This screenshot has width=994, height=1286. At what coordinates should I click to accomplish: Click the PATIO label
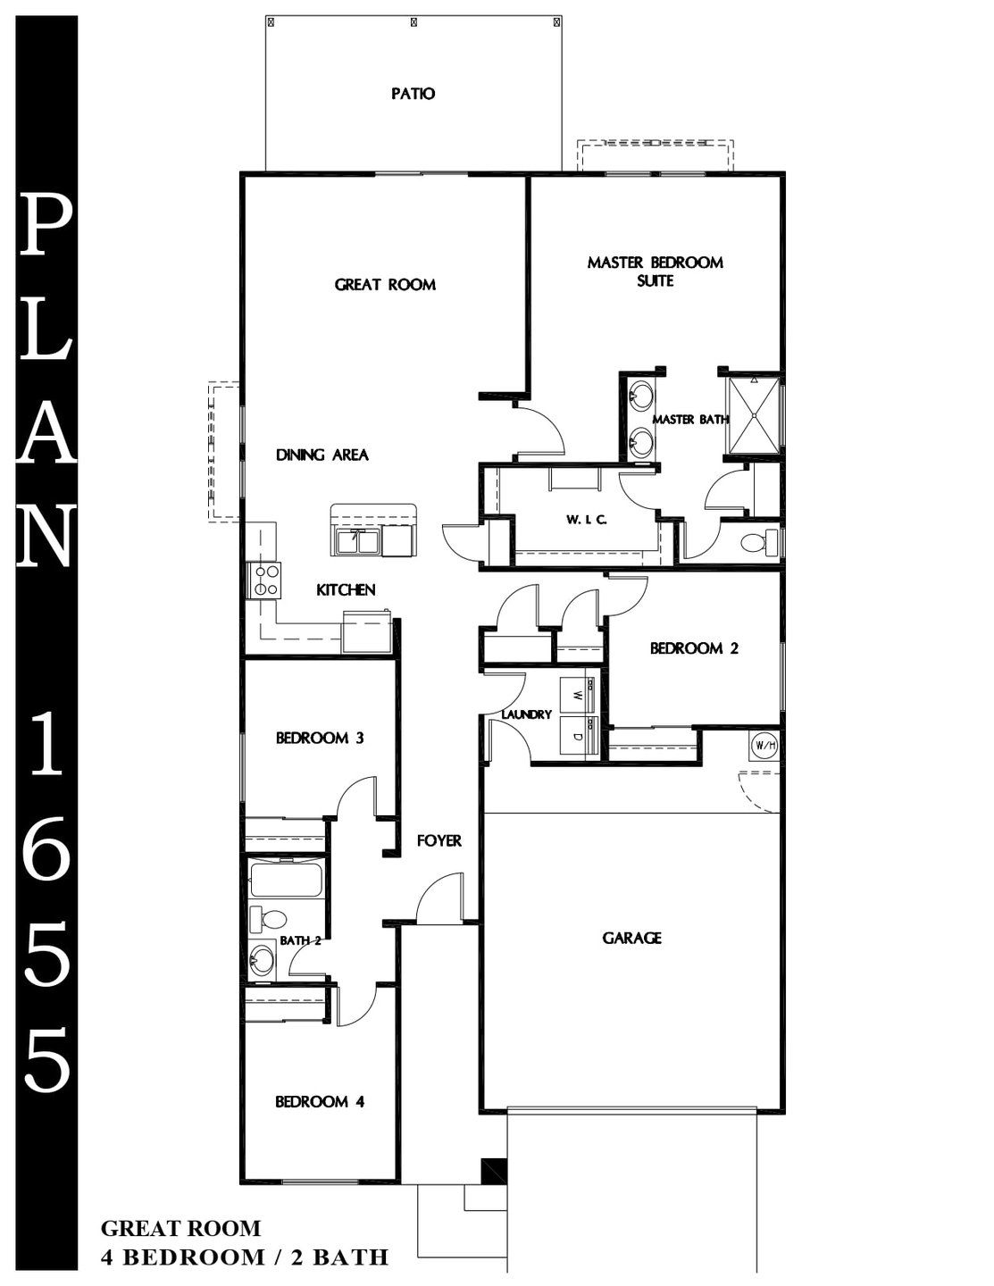click(413, 94)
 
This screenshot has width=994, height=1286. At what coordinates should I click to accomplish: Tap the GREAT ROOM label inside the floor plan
click(385, 285)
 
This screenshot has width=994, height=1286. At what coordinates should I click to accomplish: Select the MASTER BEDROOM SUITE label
click(655, 271)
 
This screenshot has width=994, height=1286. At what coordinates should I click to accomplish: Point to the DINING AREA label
click(322, 455)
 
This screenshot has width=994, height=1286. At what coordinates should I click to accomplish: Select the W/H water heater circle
click(764, 746)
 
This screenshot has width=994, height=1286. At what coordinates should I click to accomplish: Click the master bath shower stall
click(754, 415)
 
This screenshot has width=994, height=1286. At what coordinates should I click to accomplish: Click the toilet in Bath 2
click(267, 919)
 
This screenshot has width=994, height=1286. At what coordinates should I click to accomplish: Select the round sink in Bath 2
click(261, 956)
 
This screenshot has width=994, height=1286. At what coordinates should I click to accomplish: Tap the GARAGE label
click(632, 938)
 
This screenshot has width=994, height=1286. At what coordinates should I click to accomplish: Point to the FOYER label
click(439, 840)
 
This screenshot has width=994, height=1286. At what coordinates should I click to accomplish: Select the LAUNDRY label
click(526, 714)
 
